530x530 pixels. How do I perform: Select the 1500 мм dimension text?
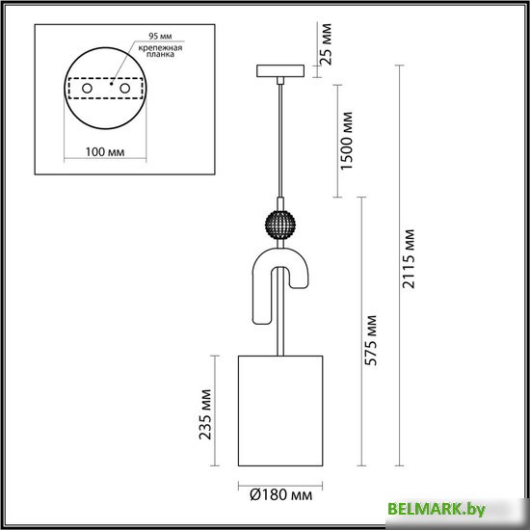(x=348, y=141)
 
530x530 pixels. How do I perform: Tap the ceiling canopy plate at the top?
(x=280, y=70)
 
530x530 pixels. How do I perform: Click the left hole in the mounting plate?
(x=87, y=88)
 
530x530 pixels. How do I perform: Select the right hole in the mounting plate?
(x=125, y=88)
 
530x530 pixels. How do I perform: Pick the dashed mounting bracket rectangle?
(x=105, y=88)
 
